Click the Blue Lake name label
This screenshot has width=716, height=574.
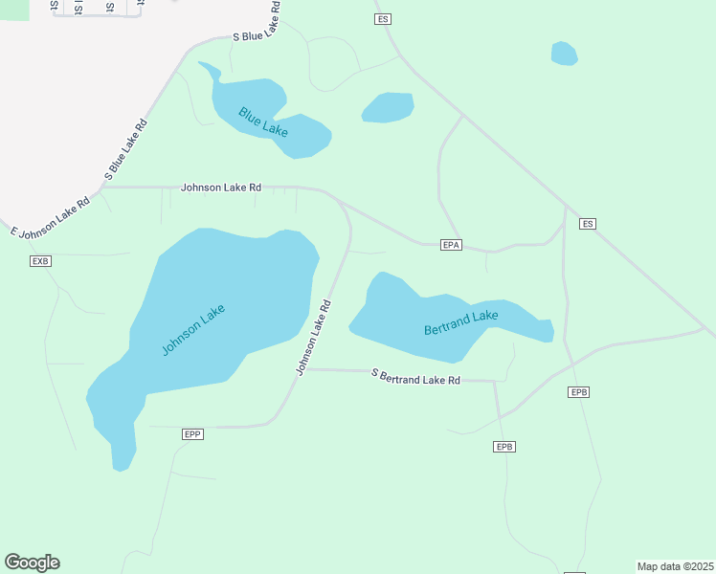coord(264,121)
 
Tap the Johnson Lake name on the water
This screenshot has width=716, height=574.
coord(193,329)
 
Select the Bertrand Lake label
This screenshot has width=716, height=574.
coord(461,322)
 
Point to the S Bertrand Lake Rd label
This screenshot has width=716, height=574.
coord(416,378)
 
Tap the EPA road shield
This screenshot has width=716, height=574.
coord(453,245)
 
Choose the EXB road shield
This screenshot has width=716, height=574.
coord(40,261)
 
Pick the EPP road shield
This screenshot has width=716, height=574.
coord(192,434)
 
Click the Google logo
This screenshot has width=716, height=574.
coord(32,562)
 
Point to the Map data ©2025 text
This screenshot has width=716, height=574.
coord(675,566)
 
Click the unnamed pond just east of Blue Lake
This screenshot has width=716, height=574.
coord(388,107)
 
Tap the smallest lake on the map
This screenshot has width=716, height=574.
coord(565,54)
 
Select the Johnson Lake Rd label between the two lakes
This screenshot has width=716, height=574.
coord(314,338)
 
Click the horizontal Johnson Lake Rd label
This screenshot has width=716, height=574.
coord(221,188)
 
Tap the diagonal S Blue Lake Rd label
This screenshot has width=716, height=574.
coord(126,149)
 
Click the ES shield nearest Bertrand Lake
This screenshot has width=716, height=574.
coord(588,224)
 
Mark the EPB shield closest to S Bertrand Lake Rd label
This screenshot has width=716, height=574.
coord(505,447)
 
